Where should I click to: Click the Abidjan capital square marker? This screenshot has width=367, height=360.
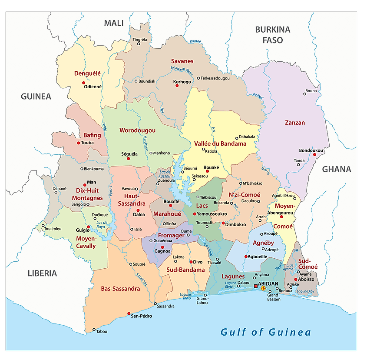[255, 286]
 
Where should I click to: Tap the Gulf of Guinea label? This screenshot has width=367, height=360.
[266, 333]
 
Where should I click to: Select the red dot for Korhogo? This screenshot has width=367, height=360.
[177, 85]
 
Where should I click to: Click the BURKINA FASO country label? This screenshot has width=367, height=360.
[272, 35]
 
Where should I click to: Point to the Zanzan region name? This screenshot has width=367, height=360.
[294, 123]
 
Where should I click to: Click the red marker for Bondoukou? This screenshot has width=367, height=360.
[314, 154]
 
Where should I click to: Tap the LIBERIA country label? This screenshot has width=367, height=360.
[42, 273]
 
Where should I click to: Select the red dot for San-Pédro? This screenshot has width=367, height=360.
[129, 313]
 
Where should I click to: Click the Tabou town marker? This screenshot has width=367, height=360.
[94, 330]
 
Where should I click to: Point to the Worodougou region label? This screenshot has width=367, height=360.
[137, 130]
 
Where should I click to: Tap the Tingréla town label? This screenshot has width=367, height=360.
[139, 39]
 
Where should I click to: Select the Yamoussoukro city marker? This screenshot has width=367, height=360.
[195, 214]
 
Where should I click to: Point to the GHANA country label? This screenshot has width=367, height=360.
[336, 170]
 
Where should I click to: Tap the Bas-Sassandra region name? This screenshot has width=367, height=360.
[120, 288]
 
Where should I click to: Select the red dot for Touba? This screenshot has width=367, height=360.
[79, 143]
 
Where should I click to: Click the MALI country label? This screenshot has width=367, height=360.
[113, 23]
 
